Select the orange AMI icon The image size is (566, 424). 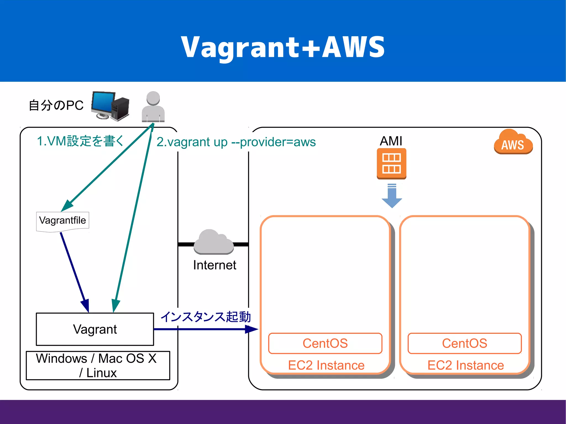coord(391,164)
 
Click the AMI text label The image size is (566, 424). coord(391,141)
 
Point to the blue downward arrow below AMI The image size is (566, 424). coord(392,197)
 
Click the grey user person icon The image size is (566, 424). coord(153,107)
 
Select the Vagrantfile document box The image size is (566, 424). coord(62,221)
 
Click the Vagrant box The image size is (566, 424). coord(95,329)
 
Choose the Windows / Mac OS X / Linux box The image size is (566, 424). coord(98,365)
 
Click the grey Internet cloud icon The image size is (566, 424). coord(214,242)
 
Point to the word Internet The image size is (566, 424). coord(214,265)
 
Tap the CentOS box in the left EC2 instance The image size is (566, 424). coord(325,343)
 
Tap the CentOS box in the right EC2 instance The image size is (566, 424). coord(464,343)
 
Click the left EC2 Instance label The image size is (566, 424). coord(326,365)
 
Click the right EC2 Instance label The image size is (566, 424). coord(465,365)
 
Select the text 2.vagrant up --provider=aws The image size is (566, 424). coord(236,142)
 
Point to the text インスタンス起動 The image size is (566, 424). coord(206,317)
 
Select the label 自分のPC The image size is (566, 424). coord(56,106)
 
